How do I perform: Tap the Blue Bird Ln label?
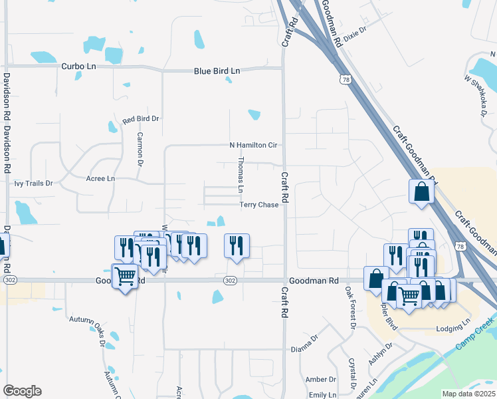pos(217,71)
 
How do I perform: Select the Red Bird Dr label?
pos(141,119)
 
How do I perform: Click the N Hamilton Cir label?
pos(252,145)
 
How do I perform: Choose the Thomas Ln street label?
pos(241,175)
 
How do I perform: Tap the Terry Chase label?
pos(259,205)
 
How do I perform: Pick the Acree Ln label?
pos(100,179)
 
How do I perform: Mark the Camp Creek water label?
pos(475,336)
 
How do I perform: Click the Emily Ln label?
pos(322,395)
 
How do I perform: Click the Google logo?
pos(22,391)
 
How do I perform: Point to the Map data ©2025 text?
pos(468,394)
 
